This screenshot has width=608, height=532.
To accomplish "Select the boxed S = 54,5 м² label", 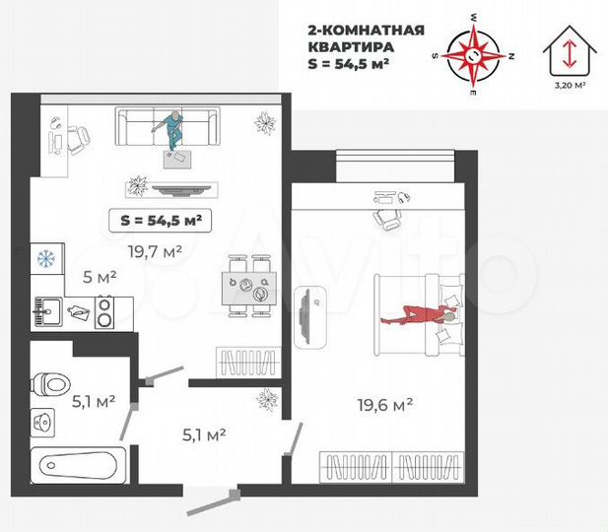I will click(x=160, y=221).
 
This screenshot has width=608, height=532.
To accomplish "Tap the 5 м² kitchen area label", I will click(x=100, y=276).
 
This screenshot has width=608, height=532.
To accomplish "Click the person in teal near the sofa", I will click(x=173, y=130).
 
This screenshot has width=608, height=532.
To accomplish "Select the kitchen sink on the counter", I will click(x=43, y=312).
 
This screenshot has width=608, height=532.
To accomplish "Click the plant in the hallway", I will click(x=264, y=399).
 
